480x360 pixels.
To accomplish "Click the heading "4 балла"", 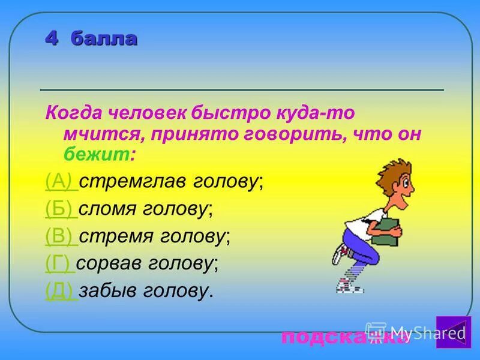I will [x=92, y=39].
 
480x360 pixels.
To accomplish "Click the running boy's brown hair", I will [x=386, y=174].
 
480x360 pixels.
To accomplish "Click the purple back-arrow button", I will [x=452, y=331].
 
